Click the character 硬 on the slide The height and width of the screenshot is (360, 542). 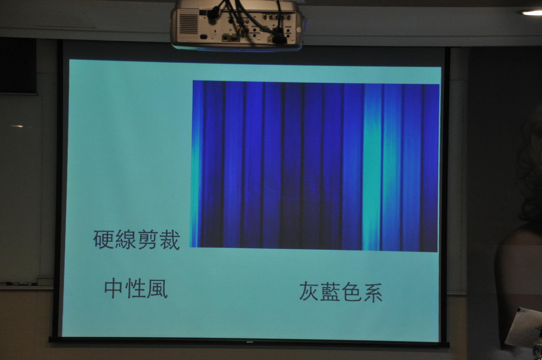(x=104, y=239)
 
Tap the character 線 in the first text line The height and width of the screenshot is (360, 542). (x=126, y=240)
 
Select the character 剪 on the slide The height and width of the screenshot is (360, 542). (x=148, y=240)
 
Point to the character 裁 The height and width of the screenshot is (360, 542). (x=169, y=240)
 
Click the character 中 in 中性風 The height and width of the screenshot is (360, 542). (x=113, y=288)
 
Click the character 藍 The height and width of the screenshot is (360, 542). (x=330, y=292)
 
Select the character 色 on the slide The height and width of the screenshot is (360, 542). (x=352, y=292)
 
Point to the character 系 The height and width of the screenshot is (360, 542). (x=373, y=292)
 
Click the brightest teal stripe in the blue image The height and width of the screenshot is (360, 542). (x=372, y=167)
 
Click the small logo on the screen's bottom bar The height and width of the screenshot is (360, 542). (x=249, y=342)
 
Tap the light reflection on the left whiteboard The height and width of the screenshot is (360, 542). (x=17, y=126)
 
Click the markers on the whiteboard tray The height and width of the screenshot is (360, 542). (x=19, y=283)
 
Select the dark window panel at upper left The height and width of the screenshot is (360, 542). (x=18, y=66)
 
